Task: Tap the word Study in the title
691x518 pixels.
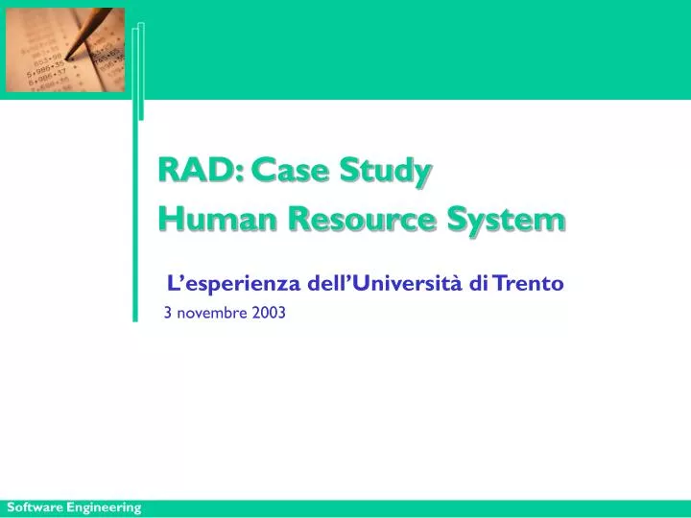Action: [x=391, y=173]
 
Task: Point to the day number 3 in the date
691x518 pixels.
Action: [x=168, y=312]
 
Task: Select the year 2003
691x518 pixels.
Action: [x=270, y=312]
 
